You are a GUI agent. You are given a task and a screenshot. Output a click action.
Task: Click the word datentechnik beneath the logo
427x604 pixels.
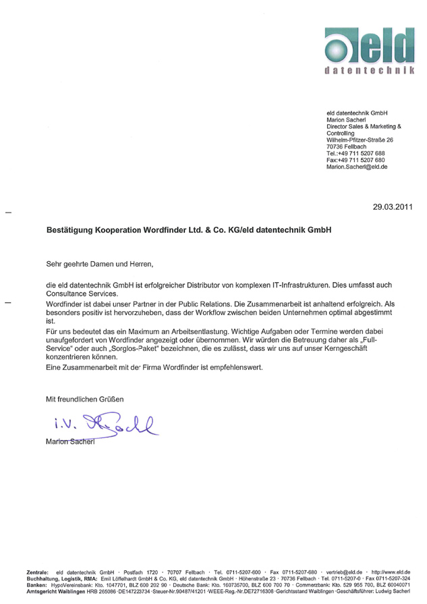click(x=370, y=70)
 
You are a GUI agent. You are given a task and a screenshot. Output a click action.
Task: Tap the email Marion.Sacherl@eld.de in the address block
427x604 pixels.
click(x=356, y=166)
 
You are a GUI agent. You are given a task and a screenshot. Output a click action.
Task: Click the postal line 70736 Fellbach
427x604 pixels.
click(x=347, y=146)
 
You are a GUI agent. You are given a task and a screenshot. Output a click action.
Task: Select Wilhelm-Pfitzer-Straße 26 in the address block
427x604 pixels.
click(x=360, y=140)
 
